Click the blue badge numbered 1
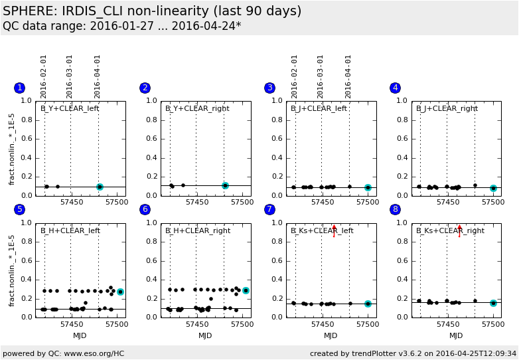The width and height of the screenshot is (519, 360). (19, 88)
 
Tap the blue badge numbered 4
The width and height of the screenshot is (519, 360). (396, 88)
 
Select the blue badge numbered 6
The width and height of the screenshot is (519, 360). (145, 209)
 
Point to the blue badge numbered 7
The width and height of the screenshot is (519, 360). (269, 209)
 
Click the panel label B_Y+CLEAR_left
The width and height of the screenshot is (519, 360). (70, 108)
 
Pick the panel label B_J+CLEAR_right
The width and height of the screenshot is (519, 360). (447, 108)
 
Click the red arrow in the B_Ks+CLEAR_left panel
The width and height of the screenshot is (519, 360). (334, 230)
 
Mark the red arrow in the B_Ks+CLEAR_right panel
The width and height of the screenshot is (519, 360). (459, 230)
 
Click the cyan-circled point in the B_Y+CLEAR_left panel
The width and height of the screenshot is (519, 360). (100, 187)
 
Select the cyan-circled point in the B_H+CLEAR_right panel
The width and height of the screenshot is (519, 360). (246, 290)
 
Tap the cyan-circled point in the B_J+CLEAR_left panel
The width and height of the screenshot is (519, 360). (368, 187)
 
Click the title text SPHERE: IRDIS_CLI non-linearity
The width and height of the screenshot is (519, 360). (152, 11)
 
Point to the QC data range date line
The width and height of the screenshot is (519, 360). (122, 26)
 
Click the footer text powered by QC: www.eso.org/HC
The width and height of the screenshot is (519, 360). (63, 353)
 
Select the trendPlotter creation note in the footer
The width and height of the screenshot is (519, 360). (413, 353)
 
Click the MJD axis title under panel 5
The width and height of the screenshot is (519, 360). (80, 335)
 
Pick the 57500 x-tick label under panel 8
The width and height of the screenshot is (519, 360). (493, 325)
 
